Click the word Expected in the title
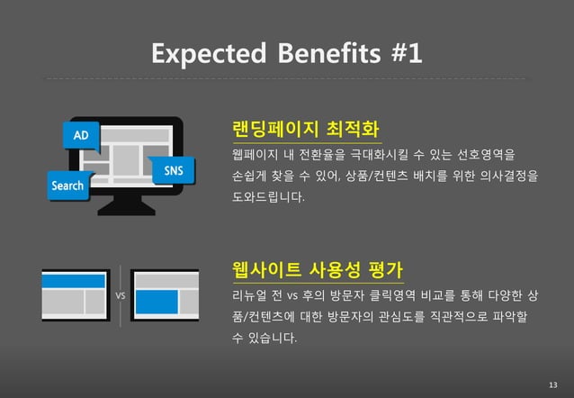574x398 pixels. (x=207, y=54)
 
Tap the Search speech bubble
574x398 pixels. (x=67, y=186)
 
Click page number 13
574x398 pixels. (x=552, y=385)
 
